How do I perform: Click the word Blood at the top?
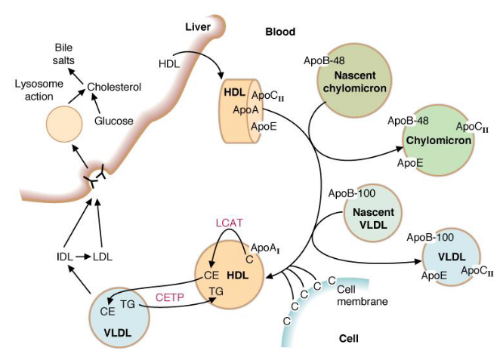[279, 32]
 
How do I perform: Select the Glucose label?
[113, 120]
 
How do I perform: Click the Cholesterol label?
[114, 87]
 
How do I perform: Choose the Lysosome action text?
[38, 90]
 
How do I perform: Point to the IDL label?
[64, 256]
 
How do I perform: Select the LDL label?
[101, 256]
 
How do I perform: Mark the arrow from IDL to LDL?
[82, 256]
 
